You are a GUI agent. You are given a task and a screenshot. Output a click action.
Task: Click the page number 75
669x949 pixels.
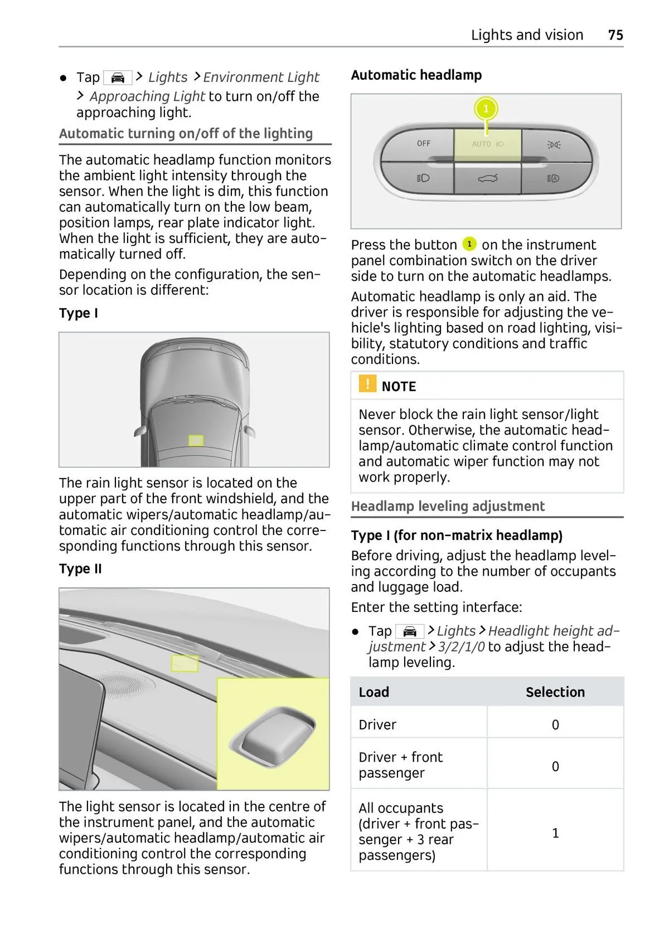pos(615,35)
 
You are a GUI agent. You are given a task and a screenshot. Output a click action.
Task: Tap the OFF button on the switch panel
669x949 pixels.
pos(423,144)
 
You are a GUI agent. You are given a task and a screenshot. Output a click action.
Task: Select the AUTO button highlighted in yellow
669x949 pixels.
pos(488,144)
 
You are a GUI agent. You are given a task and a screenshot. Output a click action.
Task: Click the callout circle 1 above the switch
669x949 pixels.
pos(486,109)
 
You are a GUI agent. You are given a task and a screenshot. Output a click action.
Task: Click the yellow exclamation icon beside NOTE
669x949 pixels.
pos(367,384)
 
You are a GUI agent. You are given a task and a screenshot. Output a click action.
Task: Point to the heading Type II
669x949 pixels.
pos(80,569)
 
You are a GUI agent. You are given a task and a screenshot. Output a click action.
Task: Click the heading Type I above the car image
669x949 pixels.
pos(79,313)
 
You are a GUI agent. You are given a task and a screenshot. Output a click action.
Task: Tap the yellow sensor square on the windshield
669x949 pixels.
pos(196,440)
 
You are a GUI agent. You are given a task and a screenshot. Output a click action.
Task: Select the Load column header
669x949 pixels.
pos(374,692)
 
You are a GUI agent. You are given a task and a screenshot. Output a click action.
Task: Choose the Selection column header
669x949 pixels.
pos(555,692)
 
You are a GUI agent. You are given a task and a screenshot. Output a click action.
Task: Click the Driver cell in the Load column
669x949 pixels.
pos(377,724)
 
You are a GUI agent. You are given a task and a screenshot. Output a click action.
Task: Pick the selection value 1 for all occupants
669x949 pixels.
pos(555,833)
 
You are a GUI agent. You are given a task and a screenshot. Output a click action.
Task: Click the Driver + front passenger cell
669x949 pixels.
pos(400,765)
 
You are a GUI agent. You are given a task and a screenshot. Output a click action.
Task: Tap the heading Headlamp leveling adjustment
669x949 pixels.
pos(448,506)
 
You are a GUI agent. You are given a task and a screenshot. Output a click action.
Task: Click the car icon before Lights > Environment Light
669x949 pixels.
pos(118,77)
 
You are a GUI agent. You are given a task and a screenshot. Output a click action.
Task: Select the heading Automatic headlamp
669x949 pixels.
pos(416,75)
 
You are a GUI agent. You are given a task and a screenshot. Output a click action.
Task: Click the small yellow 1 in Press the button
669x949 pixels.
pos(469,244)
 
